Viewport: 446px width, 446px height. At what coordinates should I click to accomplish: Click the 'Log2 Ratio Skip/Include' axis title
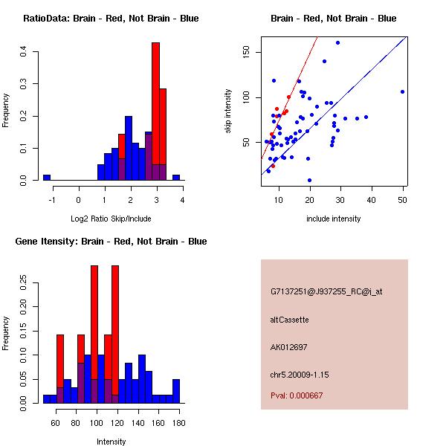(111, 219)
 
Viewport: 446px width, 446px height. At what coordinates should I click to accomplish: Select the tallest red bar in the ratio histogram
(155, 111)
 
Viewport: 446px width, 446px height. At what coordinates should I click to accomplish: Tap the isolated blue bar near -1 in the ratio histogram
(47, 178)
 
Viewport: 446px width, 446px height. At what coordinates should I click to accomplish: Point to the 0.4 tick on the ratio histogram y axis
(24, 51)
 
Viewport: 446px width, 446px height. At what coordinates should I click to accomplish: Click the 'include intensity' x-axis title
(334, 219)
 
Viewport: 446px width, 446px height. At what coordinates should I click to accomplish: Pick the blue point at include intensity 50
(402, 91)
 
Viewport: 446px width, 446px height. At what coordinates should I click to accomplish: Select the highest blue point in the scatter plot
(337, 42)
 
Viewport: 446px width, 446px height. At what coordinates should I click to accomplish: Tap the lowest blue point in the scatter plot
(309, 180)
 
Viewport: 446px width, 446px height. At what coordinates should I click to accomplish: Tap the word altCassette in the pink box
(290, 320)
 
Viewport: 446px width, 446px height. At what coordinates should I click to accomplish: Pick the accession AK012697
(289, 346)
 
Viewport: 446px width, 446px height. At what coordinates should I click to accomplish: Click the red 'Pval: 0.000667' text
(297, 396)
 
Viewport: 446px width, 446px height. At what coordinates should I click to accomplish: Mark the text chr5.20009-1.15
(300, 373)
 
